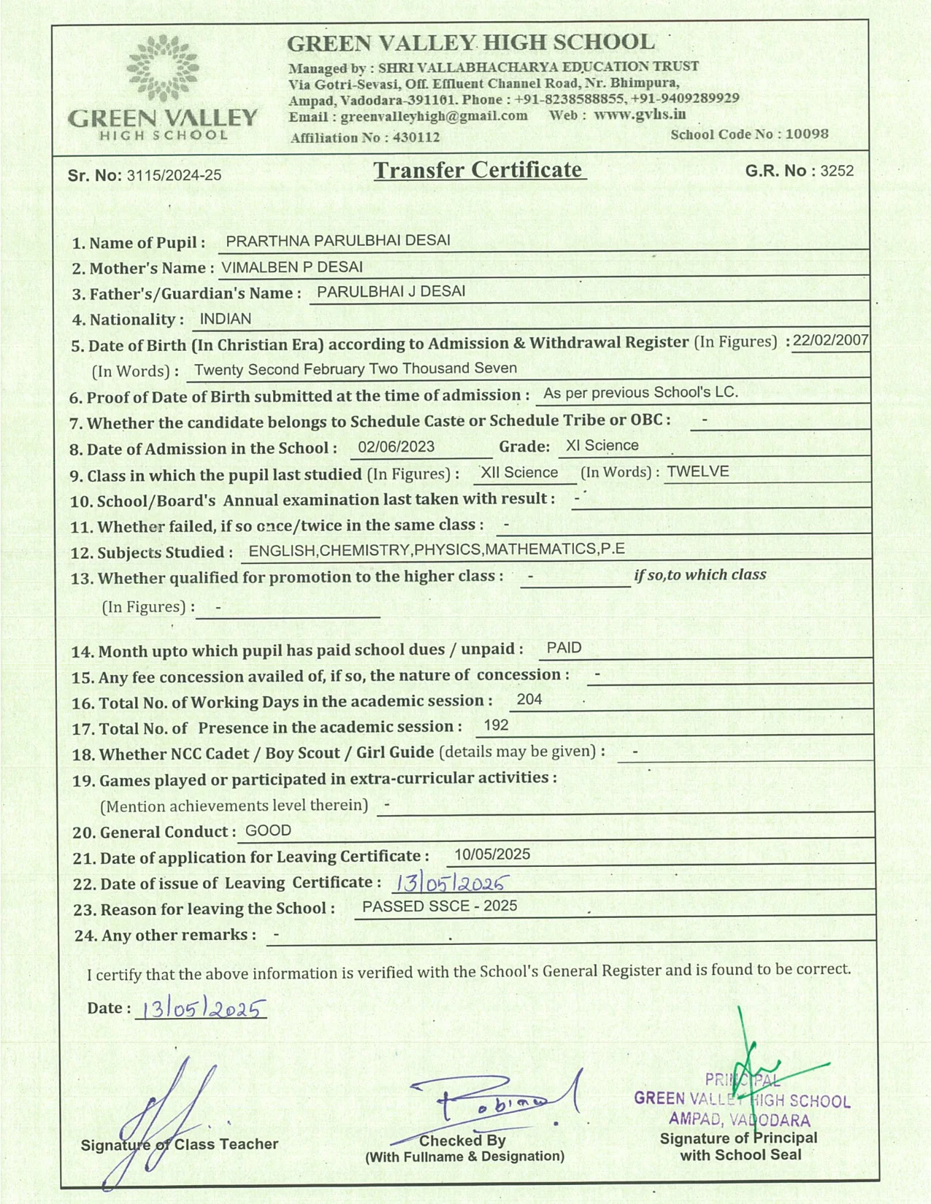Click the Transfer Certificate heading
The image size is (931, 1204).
click(478, 170)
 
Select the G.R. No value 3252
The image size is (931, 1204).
click(837, 171)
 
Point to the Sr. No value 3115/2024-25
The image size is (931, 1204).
click(174, 175)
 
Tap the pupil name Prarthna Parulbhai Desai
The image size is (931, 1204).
click(338, 241)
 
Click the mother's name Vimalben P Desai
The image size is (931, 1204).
click(292, 267)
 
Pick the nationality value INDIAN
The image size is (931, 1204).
click(225, 319)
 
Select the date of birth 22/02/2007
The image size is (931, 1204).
click(830, 340)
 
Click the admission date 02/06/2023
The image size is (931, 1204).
click(396, 447)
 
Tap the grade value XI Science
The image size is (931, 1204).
click(602, 446)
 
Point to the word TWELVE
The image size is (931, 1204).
click(697, 471)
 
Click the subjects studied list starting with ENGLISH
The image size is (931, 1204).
click(437, 549)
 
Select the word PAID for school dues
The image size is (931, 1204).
click(564, 648)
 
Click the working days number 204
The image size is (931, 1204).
click(529, 699)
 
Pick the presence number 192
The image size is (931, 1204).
click(496, 725)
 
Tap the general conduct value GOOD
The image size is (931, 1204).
click(268, 830)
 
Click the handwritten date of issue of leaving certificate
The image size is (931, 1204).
click(450, 884)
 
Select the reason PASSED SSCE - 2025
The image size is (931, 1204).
click(440, 906)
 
